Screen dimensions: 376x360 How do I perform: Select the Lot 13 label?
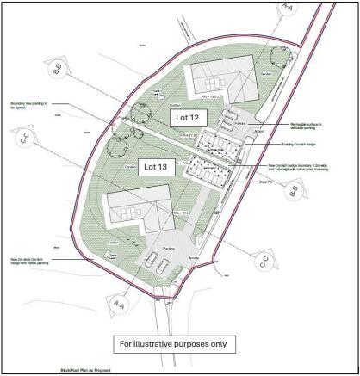click(159, 169)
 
